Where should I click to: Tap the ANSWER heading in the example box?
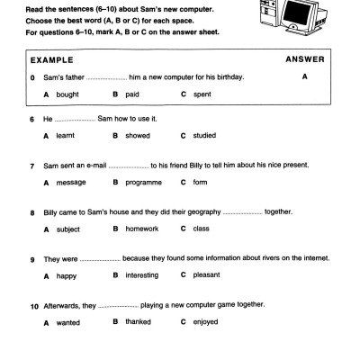[x=304, y=59]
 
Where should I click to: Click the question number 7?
[x=31, y=166]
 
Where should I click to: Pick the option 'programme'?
[x=147, y=183]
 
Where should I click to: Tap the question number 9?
[x=31, y=259]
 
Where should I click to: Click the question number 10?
[x=33, y=306]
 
